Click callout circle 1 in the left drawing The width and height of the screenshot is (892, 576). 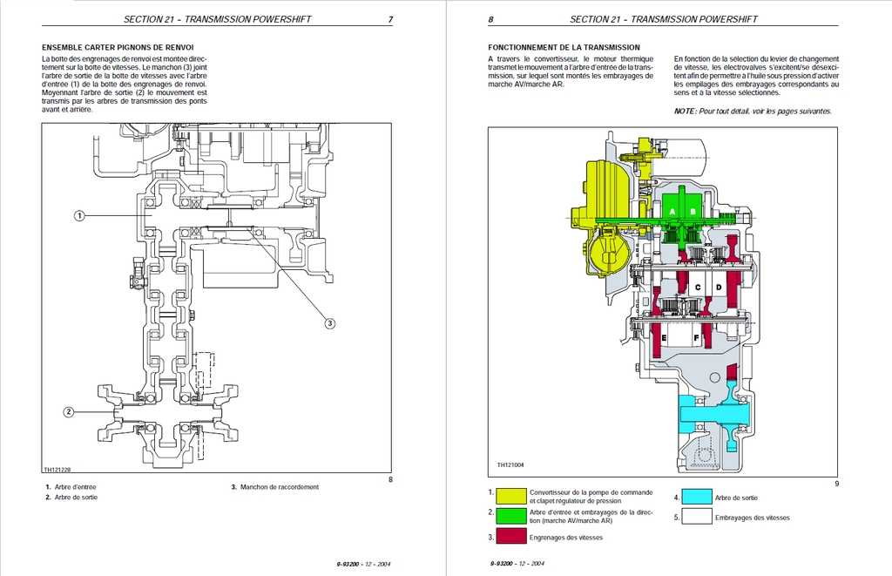pos(79,216)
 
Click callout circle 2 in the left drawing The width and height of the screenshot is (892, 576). pos(68,411)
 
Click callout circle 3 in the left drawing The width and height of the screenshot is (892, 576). pos(329,323)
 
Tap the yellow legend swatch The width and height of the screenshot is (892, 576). pos(510,496)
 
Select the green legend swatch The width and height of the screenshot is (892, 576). pos(510,516)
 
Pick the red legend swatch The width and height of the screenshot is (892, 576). pos(510,536)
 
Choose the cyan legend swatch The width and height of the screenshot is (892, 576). pos(696,497)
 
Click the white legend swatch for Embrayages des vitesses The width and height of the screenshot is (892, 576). pos(696,516)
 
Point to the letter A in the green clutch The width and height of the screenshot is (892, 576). pos(672,212)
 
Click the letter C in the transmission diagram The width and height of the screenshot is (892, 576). pos(698,288)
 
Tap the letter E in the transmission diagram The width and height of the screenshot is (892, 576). pos(664,338)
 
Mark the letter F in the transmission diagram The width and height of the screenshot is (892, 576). pos(696,338)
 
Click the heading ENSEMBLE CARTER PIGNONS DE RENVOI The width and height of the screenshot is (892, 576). pos(118,48)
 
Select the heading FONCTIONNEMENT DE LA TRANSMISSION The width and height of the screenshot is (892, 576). pos(564,48)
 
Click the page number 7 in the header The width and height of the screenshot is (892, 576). pos(390,19)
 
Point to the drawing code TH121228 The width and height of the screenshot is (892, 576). pos(57,470)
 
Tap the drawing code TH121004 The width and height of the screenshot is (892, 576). pos(510,465)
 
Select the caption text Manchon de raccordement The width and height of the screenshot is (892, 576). pos(280,487)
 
